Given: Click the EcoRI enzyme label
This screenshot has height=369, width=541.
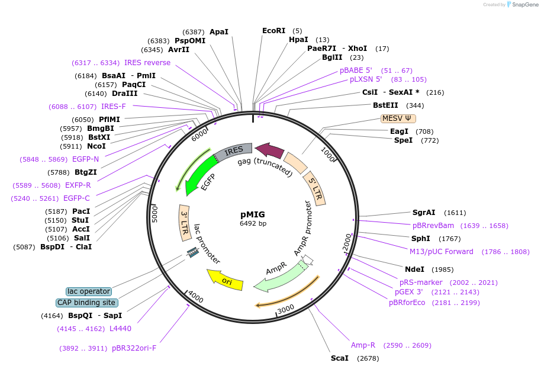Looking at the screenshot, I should point(273,31).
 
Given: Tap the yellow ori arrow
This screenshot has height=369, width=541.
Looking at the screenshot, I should point(225,279).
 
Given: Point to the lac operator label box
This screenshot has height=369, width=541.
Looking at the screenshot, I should point(89,291).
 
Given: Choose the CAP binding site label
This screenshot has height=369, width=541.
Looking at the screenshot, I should point(87,303).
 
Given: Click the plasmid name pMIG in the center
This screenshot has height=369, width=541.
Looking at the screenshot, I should point(253,214).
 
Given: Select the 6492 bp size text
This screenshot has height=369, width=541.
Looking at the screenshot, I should point(253,224).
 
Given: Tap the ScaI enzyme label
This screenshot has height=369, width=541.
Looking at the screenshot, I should point(340,358).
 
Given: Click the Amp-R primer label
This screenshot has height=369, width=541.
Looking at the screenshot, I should point(363,345).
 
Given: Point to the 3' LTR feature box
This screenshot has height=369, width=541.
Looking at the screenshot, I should point(185,222).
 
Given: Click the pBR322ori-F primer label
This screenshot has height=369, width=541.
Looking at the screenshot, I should point(134,348).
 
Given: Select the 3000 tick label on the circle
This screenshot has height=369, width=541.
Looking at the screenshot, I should point(286,309).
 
